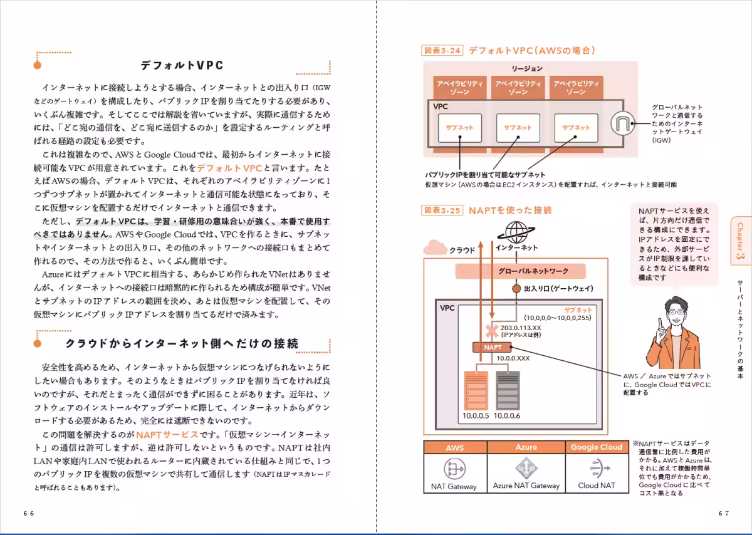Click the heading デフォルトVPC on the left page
[182, 65]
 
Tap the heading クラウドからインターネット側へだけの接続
[182, 344]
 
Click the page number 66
[29, 513]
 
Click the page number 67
[724, 513]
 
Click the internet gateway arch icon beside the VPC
[622, 123]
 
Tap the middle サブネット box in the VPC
[518, 128]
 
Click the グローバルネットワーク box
[520, 271]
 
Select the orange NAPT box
[493, 347]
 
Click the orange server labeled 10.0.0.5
[476, 390]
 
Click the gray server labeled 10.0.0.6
[507, 390]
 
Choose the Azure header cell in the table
[526, 447]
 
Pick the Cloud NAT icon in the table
[596, 468]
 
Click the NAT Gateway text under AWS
[454, 487]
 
